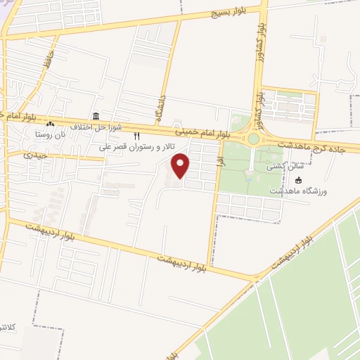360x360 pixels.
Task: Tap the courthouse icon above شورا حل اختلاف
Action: pyautogui.click(x=96, y=116)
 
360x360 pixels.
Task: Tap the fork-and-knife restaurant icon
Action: pyautogui.click(x=137, y=137)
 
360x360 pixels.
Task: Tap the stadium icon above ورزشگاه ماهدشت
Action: pyautogui.click(x=298, y=181)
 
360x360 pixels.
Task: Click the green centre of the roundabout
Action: pyautogui.click(x=253, y=139)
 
